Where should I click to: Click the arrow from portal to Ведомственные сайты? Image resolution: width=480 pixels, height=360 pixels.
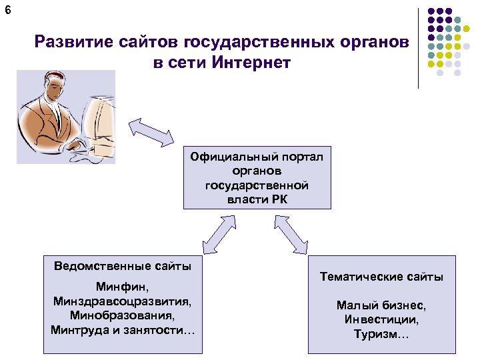click(x=219, y=237)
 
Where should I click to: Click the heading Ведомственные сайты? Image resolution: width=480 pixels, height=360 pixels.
click(x=123, y=266)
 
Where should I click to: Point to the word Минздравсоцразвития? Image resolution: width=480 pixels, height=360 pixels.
click(x=123, y=301)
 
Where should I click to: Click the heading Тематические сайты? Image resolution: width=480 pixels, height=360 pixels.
click(x=381, y=277)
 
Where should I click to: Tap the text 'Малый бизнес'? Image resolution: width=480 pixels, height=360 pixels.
click(x=381, y=305)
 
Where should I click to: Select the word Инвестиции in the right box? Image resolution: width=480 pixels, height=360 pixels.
click(x=381, y=319)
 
